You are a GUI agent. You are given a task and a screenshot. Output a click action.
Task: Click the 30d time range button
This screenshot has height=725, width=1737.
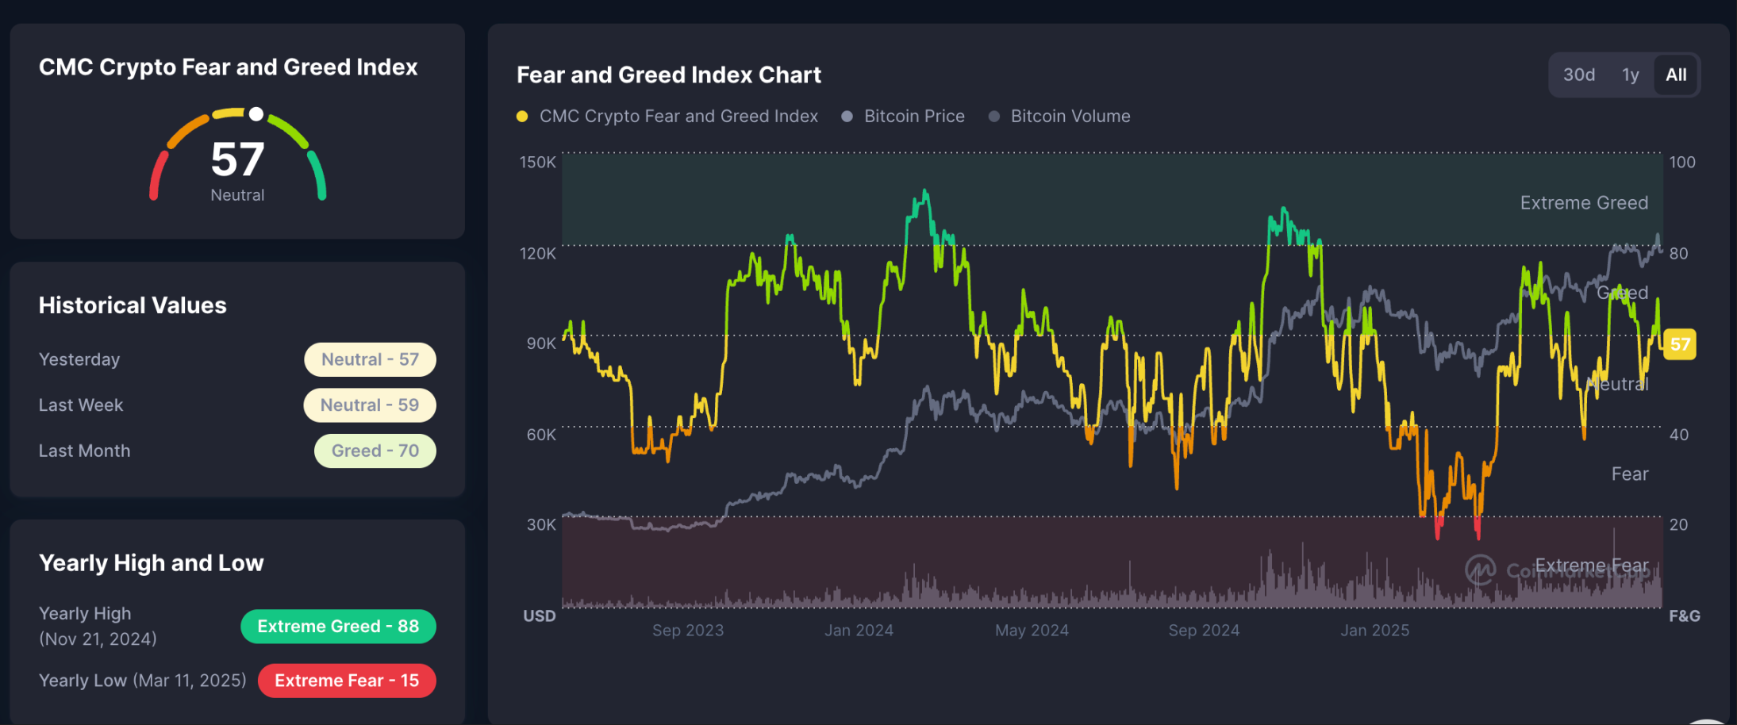[x=1578, y=75]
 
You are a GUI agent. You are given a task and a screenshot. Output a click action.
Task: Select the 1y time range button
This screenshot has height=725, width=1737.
[x=1630, y=75]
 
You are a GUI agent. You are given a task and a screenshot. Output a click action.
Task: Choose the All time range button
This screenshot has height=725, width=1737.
[x=1676, y=75]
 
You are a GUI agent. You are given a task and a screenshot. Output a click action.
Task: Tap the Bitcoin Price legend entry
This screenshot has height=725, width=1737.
[x=913, y=116]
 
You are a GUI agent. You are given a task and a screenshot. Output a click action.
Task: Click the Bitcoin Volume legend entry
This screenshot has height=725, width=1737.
[x=1070, y=116]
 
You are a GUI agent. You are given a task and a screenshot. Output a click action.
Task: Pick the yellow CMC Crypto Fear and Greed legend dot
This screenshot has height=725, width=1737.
[x=522, y=117]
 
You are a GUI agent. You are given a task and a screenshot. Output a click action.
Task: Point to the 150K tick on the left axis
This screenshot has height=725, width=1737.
[x=537, y=162]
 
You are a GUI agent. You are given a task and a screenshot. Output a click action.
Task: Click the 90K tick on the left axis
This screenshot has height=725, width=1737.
[x=541, y=343]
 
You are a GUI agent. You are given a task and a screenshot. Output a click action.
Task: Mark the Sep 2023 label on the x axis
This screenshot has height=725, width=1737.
[x=687, y=630]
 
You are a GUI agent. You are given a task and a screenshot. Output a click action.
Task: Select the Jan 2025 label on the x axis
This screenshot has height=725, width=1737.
[x=1374, y=630]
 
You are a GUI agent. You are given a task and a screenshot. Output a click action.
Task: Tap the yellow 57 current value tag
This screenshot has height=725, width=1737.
[x=1679, y=344]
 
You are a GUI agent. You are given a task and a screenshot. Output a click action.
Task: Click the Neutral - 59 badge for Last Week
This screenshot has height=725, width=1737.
[x=370, y=405]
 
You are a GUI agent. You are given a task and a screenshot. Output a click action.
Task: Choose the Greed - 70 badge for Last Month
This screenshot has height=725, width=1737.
[x=375, y=451]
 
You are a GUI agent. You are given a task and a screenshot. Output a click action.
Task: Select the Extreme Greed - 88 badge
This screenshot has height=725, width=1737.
[x=338, y=626]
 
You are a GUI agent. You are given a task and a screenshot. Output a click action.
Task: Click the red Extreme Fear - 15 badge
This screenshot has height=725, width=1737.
[x=347, y=681]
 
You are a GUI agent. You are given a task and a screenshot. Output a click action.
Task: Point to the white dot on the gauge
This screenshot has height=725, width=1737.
[x=256, y=114]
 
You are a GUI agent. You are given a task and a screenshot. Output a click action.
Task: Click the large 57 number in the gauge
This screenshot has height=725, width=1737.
[x=237, y=159]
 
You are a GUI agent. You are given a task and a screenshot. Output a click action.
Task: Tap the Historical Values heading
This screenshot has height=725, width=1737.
[x=133, y=305]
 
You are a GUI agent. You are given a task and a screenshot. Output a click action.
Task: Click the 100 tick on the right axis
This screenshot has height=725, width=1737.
[x=1681, y=162]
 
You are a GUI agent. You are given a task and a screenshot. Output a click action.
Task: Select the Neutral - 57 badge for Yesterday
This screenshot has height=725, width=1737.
[x=370, y=359]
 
